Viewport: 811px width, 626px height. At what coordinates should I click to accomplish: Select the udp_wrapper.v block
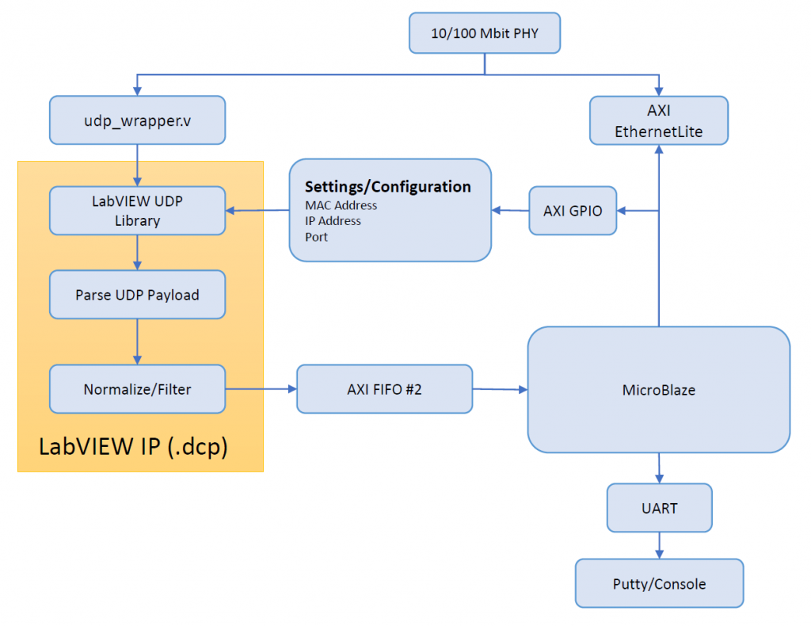coord(137,120)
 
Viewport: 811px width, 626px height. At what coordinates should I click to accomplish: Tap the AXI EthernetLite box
coord(658,121)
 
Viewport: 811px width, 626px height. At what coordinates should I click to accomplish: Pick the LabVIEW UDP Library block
coord(137,211)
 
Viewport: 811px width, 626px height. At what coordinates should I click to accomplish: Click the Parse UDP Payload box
coord(137,295)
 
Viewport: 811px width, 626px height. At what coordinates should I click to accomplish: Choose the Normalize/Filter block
coord(137,389)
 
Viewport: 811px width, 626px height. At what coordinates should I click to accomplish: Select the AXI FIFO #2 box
coord(384,389)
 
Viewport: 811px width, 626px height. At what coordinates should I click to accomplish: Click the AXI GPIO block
coord(573,211)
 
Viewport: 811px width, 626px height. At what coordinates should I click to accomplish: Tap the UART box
coord(659,508)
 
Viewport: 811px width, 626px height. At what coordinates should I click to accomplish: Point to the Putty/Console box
coord(659,584)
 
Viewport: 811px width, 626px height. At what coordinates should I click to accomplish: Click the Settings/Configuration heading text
coord(388,187)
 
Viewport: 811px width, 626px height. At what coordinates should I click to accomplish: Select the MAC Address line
coord(341,205)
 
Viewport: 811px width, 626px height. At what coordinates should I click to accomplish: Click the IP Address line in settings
coord(333,221)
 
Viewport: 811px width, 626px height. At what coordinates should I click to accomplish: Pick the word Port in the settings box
coord(316,237)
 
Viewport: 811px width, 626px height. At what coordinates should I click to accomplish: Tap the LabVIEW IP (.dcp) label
coord(134,447)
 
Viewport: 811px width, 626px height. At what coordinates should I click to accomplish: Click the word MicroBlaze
coord(658,390)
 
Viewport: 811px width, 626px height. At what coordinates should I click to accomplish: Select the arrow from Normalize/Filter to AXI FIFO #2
coord(261,389)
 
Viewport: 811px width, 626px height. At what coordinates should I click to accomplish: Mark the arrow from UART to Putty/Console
coord(659,545)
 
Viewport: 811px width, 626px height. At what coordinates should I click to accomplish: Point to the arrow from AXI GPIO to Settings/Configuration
coord(510,211)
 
